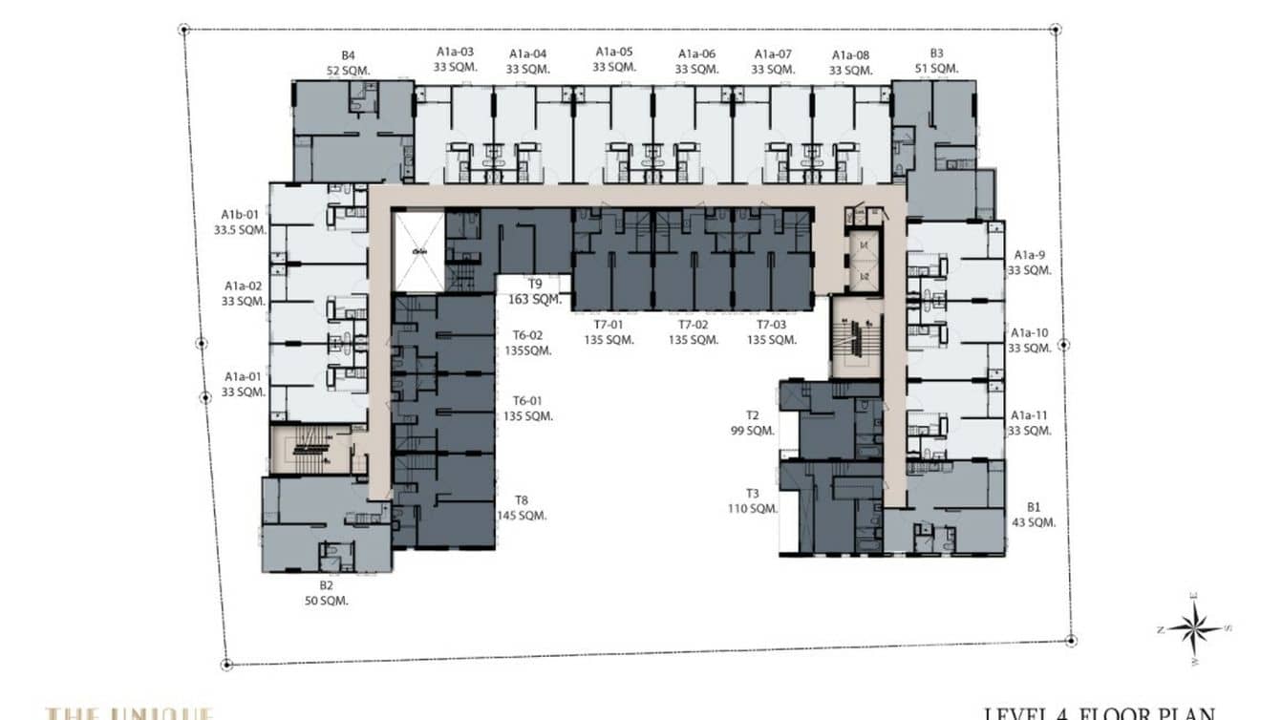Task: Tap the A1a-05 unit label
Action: coord(614,52)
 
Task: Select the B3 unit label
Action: coord(936,53)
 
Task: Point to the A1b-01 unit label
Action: coord(240,215)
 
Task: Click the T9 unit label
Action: coord(535,284)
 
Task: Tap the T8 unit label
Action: coord(521,500)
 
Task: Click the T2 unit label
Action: coord(752,415)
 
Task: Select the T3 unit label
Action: coord(752,494)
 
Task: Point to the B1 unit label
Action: coord(1033,507)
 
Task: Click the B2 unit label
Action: coord(326,585)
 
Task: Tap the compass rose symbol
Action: coord(1193,628)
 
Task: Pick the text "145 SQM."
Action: coord(521,516)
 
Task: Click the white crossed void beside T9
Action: coord(419,252)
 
